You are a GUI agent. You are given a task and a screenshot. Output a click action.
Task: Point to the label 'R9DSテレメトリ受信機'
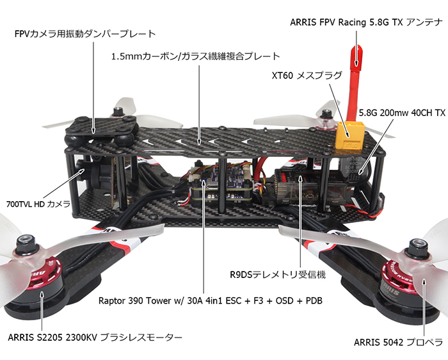278,275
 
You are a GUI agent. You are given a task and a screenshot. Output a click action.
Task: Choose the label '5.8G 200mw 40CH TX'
403,112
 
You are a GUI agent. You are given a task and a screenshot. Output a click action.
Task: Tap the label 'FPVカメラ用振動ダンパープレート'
85,33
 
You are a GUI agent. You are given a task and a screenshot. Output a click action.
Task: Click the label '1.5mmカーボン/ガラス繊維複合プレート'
195,56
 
